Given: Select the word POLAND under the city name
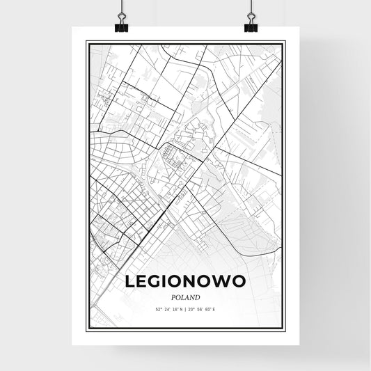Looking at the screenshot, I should [x=186, y=296].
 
